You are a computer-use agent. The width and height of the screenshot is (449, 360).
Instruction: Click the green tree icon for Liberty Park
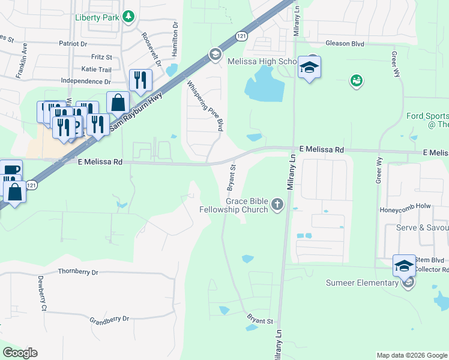[128, 17]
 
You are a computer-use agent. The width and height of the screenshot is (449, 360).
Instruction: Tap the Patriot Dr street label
[73, 44]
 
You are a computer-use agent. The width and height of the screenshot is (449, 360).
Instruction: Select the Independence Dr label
[86, 81]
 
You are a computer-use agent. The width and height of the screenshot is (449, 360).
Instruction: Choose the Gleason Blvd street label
[345, 43]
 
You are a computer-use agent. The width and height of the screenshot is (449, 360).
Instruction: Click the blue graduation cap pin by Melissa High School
[309, 67]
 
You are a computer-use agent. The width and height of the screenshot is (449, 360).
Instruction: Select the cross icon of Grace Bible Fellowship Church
[277, 205]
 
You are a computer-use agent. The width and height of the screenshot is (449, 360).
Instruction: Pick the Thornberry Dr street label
[78, 272]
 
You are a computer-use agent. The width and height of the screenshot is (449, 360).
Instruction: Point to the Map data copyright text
[412, 355]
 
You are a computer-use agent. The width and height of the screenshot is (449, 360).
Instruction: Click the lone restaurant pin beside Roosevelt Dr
[140, 80]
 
